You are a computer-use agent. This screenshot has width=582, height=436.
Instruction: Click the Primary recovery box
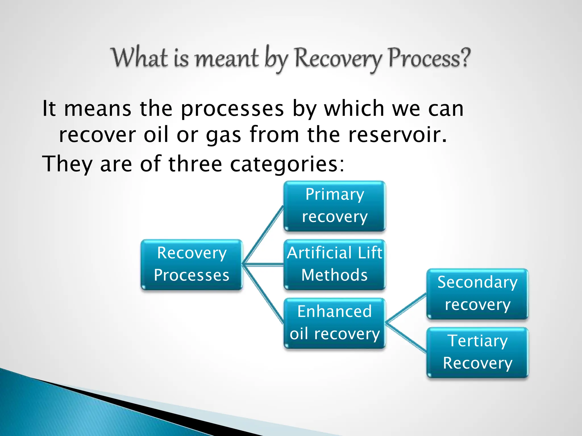click(334, 206)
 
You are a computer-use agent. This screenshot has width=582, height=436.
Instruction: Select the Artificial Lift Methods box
click(334, 264)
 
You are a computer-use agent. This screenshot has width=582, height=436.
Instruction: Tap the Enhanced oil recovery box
click(334, 323)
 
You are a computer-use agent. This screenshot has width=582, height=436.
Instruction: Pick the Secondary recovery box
click(477, 294)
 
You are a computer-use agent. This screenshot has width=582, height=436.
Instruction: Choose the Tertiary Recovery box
click(477, 352)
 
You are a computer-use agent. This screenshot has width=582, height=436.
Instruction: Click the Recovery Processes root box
click(192, 264)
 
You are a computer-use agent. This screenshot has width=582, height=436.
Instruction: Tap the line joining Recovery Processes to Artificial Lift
click(263, 265)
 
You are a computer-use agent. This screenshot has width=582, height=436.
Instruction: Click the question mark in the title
click(465, 58)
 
